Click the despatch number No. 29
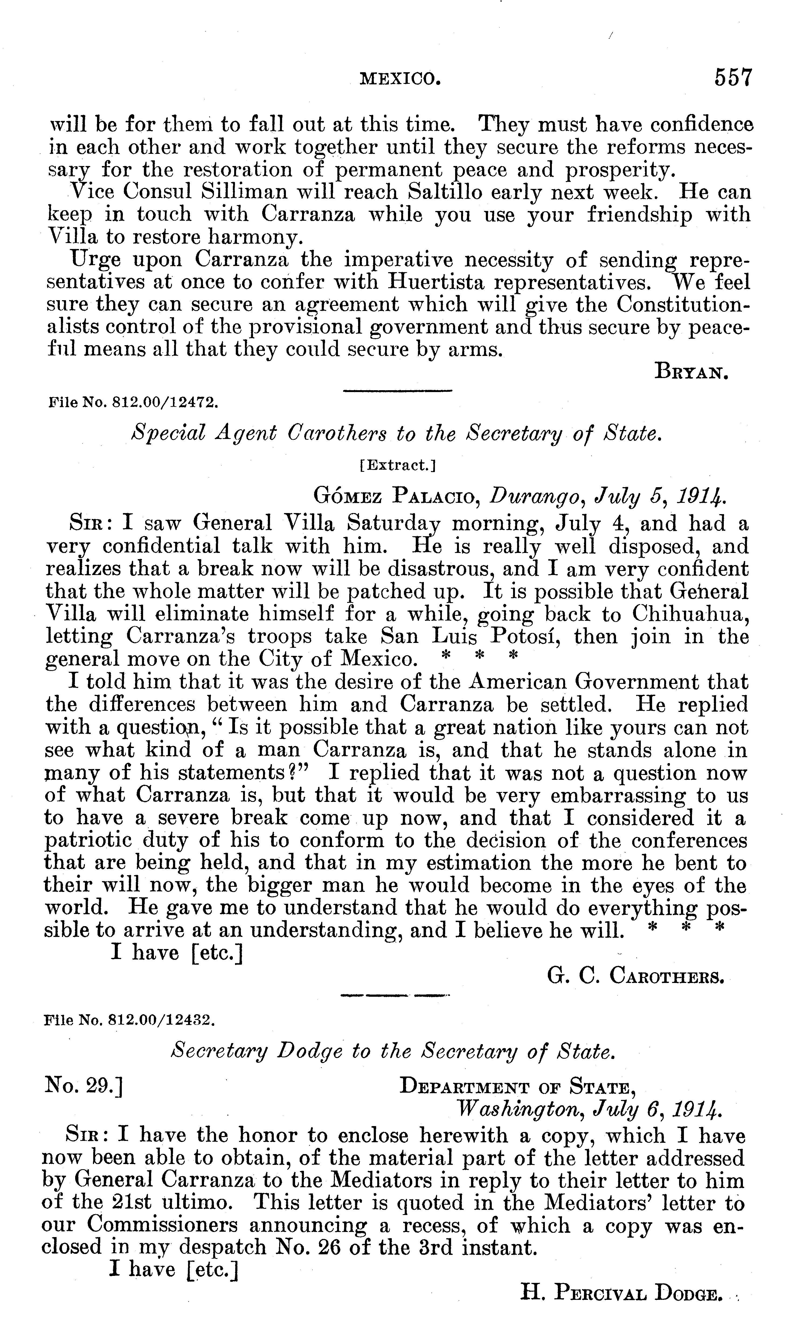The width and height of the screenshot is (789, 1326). click(84, 1086)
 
